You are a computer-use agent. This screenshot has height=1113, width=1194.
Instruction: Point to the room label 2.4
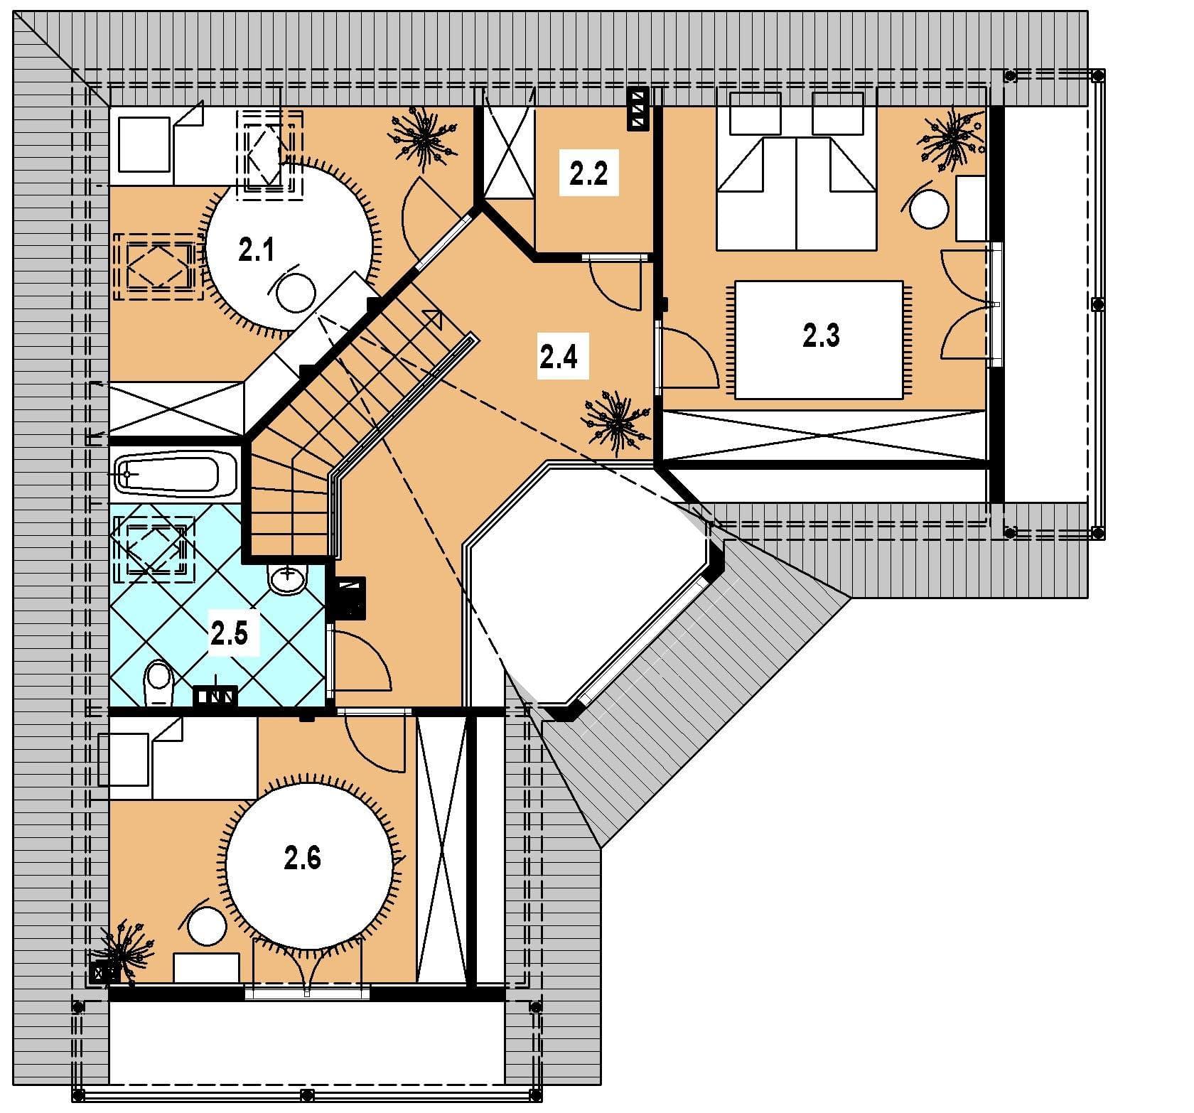pyautogui.click(x=558, y=357)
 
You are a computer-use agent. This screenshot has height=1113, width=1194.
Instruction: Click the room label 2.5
pyautogui.click(x=229, y=633)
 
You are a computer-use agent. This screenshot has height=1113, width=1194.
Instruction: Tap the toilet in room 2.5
pyautogui.click(x=158, y=684)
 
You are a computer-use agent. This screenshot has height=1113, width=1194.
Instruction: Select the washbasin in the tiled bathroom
pyautogui.click(x=287, y=578)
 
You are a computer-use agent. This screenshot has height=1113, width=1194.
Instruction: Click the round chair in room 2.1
pyautogui.click(x=296, y=293)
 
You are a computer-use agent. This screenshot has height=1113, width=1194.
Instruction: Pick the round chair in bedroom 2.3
pyautogui.click(x=930, y=208)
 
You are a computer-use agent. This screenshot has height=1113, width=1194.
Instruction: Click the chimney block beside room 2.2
pyautogui.click(x=638, y=109)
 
